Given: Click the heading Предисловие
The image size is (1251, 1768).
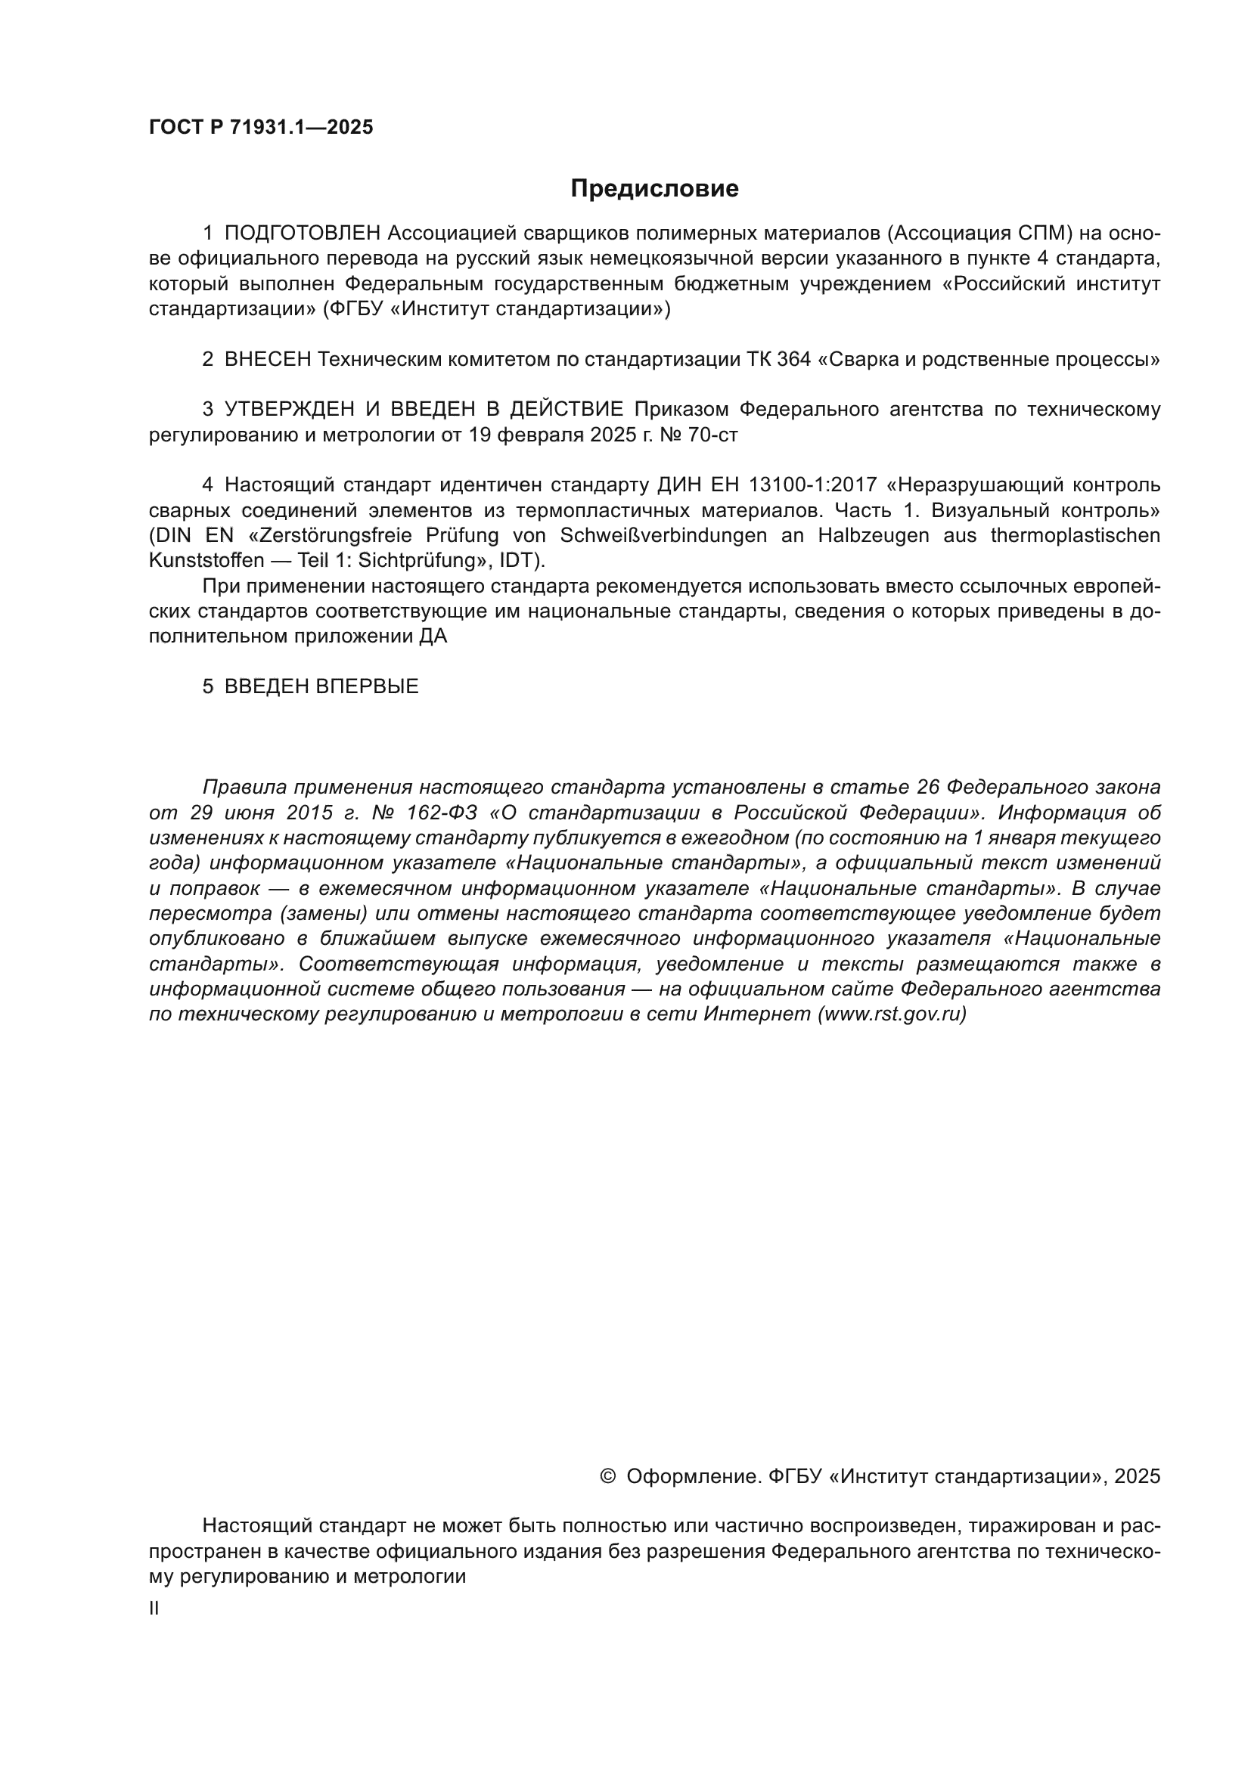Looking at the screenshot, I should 654,189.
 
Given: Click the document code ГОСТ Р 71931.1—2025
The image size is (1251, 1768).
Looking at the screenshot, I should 260,128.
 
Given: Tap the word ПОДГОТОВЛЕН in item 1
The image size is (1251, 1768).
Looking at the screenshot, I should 303,234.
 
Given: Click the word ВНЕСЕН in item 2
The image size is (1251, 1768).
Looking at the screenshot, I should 268,360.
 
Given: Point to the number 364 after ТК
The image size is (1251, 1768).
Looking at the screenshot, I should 794,360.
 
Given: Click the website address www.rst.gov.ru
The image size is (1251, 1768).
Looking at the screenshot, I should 891,1015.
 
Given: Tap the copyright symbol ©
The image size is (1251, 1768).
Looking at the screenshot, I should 607,1476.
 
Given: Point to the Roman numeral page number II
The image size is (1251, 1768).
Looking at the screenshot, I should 154,1609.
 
